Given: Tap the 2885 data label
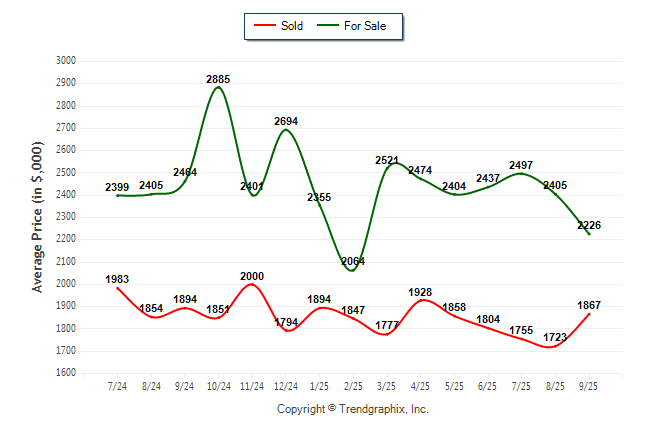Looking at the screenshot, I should pos(219,78).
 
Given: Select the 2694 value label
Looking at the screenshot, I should pos(286,121).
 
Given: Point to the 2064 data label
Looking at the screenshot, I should pos(353,261).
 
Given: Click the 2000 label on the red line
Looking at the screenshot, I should pos(252,276).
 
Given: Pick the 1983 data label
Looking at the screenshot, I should pos(118,279).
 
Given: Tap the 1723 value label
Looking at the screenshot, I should pos(555,338).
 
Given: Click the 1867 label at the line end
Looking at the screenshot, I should pos(589,305).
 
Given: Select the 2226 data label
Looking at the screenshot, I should pos(589,225).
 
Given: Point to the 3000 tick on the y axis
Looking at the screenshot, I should pos(66,61).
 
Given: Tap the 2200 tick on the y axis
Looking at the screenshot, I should pos(66,240).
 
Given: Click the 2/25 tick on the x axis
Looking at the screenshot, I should pos(353,386).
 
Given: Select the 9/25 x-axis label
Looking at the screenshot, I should pos(589,386).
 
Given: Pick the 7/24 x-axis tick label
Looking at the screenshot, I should pos(118,386).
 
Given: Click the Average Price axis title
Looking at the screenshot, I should pos(37,215).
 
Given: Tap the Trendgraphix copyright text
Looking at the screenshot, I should pos(352,409).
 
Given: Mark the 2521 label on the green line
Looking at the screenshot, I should pos(387,160).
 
